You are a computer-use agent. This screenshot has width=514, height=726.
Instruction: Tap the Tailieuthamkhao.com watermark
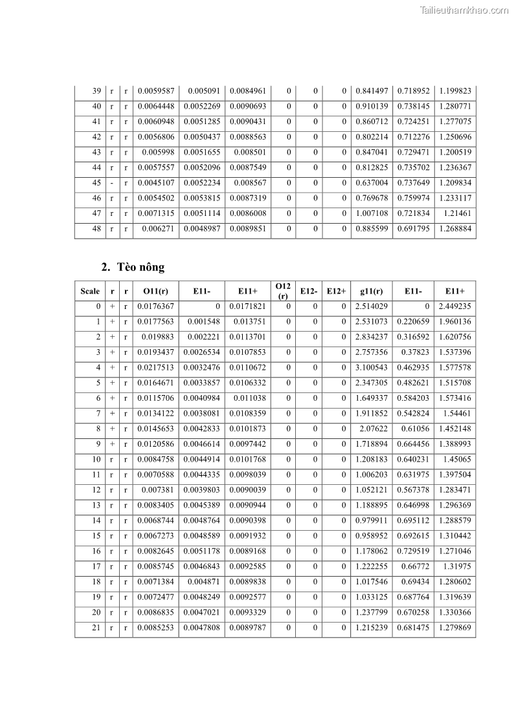coord(464,10)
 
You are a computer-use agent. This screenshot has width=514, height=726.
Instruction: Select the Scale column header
coord(90,291)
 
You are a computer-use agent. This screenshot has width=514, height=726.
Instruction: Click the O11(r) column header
coord(155,291)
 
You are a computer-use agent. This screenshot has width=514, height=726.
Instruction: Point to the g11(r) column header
coord(372,291)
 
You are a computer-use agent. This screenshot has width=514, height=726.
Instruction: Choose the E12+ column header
coord(336,291)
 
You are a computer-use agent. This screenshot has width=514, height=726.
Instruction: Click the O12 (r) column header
coord(283,291)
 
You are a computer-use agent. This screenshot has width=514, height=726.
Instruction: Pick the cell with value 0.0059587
coord(156,91)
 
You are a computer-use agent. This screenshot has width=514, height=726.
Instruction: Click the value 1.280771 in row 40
coord(455,106)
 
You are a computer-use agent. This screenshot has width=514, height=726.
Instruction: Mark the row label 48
coord(96,229)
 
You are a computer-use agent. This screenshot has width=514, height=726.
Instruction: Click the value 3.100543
coord(372,368)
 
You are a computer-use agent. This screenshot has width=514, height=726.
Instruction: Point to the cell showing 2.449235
coord(455,306)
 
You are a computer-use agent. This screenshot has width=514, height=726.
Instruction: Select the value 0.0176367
coord(156,306)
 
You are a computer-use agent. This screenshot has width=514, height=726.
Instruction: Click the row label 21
coord(96,628)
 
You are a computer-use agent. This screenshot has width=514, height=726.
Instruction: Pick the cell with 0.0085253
coord(156,628)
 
